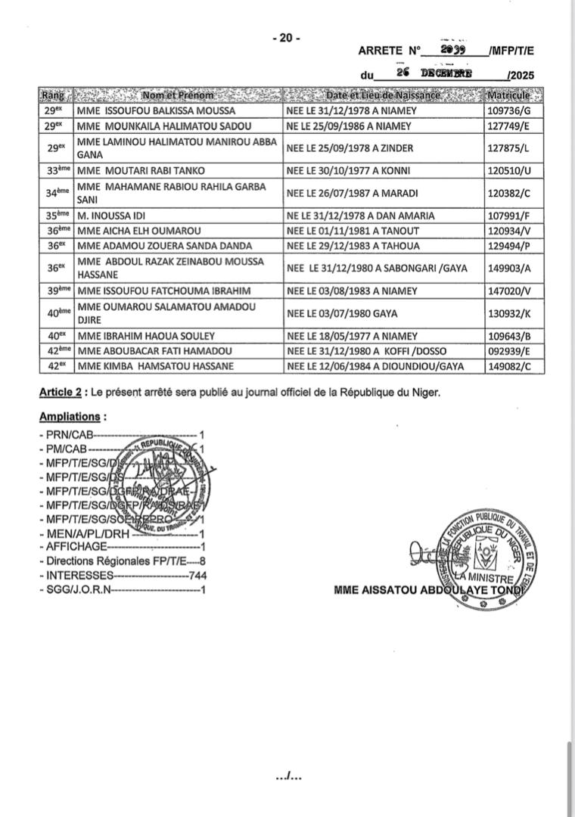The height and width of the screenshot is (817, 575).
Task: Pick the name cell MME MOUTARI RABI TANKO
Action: point(141,171)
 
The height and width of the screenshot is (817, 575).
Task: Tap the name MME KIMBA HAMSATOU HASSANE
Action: point(155,366)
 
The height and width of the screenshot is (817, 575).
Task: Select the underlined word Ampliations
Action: point(70,417)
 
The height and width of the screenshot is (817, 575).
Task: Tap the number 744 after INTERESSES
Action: point(197,576)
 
